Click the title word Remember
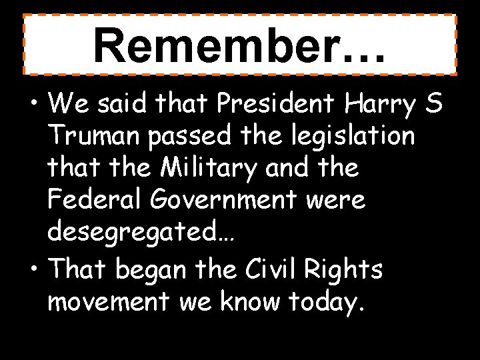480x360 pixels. pos(226,45)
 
